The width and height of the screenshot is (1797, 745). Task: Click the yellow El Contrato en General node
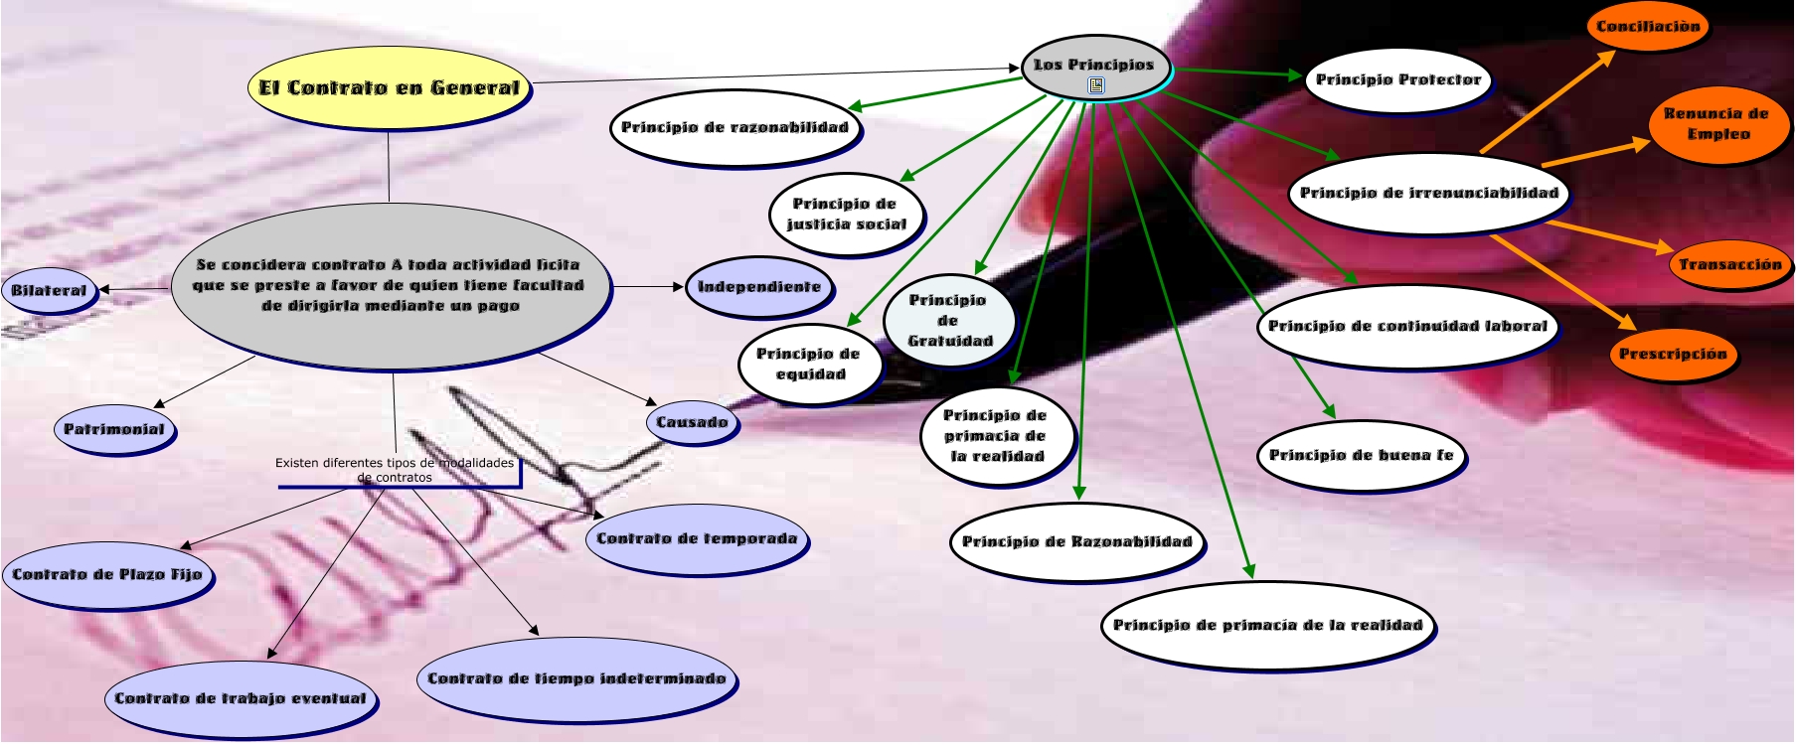389,87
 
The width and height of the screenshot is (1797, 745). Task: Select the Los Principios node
1093,65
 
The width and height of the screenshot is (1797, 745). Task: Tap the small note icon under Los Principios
1096,85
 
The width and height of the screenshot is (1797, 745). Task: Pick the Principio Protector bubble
1397,79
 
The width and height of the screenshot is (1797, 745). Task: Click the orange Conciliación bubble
1648,27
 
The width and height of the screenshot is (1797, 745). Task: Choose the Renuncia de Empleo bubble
1716,124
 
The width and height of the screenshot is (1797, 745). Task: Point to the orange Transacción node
1730,264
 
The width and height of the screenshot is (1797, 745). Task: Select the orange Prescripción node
1673,354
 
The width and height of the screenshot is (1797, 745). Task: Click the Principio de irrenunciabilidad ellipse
1428,193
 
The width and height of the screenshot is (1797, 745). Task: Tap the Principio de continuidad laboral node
1406,326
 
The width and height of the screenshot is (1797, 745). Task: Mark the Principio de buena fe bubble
1361,455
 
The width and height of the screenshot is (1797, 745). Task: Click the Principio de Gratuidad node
949,321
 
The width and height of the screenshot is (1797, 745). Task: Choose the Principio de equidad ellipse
810,364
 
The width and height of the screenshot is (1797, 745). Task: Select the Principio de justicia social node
846,214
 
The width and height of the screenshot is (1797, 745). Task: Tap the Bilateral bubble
49,290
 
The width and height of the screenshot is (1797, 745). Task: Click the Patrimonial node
114,429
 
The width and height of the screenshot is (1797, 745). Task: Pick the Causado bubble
692,422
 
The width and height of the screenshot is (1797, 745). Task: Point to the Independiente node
759,287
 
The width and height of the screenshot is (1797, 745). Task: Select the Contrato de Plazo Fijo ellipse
106,574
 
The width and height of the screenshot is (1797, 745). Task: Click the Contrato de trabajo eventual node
241,698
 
